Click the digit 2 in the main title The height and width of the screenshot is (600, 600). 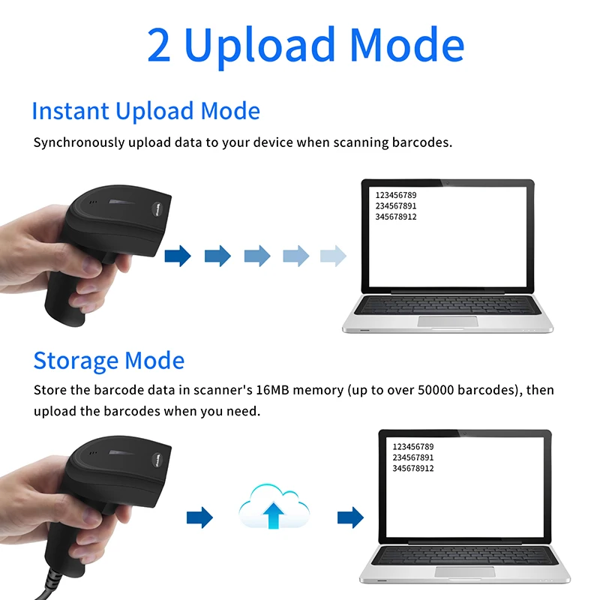coord(159,45)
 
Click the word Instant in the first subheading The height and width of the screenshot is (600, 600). coord(70,111)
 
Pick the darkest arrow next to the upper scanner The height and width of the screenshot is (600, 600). coord(178,256)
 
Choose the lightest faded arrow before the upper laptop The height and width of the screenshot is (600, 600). coord(333,256)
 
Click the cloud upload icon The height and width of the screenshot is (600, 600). coord(274,506)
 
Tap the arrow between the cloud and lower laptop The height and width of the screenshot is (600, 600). coord(350,517)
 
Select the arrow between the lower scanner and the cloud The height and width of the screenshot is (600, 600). coord(199,517)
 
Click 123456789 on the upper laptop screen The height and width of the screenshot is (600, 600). coord(396,195)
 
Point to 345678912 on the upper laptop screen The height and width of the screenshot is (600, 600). coord(396,217)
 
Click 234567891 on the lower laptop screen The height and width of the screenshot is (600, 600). coord(413,457)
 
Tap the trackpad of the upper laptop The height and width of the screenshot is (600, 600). coord(448,322)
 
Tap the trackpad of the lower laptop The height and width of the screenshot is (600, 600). coord(465,572)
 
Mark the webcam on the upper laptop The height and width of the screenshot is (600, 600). coord(448,183)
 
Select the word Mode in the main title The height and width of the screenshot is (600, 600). coord(407,45)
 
